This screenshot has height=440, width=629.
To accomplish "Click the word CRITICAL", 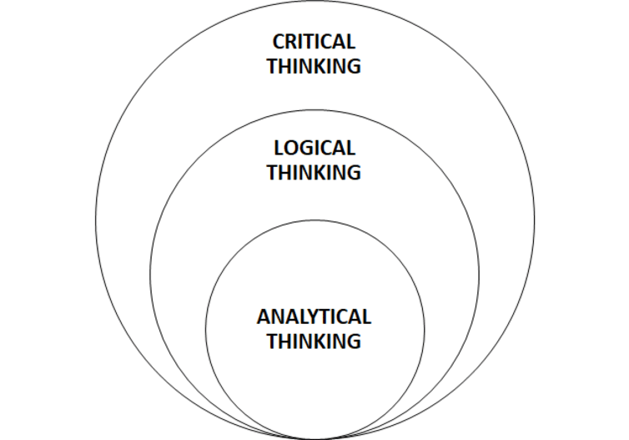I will point(314,42).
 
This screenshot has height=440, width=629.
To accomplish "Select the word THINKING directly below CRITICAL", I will point(314,67).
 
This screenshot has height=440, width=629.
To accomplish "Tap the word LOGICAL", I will point(314,149).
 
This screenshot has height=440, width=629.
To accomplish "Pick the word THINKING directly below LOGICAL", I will point(314,173).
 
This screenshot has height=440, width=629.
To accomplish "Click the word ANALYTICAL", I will point(314,317).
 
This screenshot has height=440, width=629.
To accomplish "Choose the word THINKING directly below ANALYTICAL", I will point(314,341).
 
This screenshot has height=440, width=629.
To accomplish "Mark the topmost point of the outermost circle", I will point(314,2).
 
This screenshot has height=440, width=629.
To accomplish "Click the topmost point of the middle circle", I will point(314,110).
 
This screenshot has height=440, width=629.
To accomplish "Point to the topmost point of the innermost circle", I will point(314,220).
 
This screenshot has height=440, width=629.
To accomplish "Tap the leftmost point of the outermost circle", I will point(96,220).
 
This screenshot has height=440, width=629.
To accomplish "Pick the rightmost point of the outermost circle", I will point(534,220).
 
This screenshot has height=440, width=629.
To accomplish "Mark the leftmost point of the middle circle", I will point(150,275).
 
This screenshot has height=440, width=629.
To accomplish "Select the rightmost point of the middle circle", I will point(480,275).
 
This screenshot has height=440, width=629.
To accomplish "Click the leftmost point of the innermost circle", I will point(205,329).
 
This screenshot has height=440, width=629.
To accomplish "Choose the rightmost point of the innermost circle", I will point(425,329).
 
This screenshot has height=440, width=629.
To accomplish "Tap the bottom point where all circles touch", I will point(314,438).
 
